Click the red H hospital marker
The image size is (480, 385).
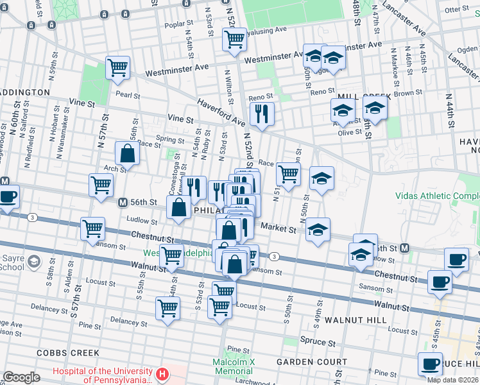(x=162, y=373)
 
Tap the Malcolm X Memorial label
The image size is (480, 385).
(x=234, y=366)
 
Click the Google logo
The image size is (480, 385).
(x=22, y=377)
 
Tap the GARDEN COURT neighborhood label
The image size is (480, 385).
(x=303, y=362)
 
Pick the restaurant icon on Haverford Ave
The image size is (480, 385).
(x=262, y=114)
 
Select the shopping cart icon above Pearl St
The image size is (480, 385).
(x=117, y=67)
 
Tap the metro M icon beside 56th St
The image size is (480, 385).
(x=122, y=202)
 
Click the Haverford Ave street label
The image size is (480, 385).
(x=221, y=112)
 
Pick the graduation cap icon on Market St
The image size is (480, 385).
(x=318, y=229)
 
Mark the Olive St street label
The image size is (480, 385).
(x=349, y=132)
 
